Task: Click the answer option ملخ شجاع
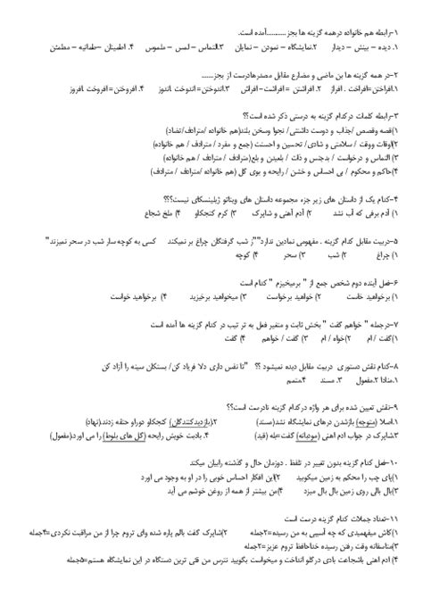click(153, 214)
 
